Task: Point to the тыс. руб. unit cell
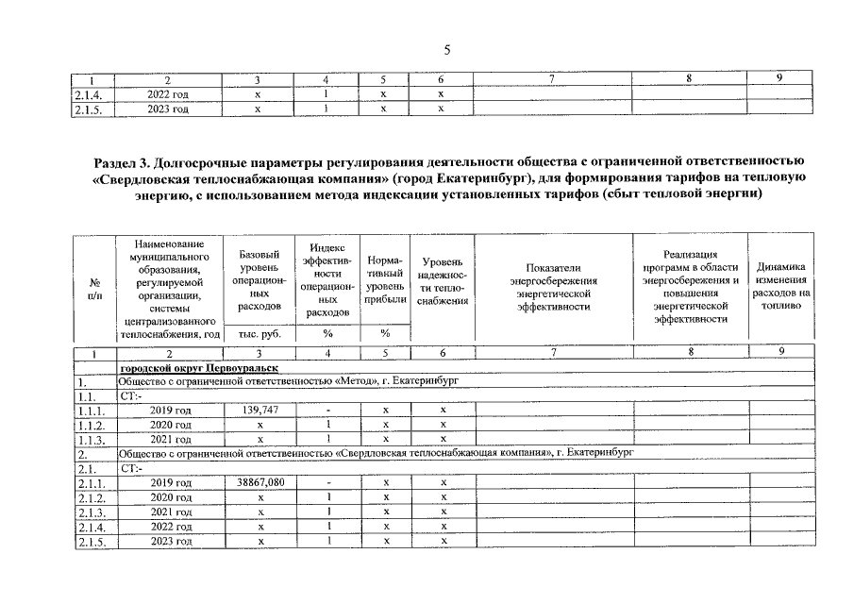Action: click(x=257, y=333)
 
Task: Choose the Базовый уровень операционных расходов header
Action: click(x=257, y=280)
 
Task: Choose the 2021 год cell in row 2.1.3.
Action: click(x=170, y=512)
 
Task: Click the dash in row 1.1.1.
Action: click(x=325, y=411)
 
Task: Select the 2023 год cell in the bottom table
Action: click(x=170, y=541)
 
